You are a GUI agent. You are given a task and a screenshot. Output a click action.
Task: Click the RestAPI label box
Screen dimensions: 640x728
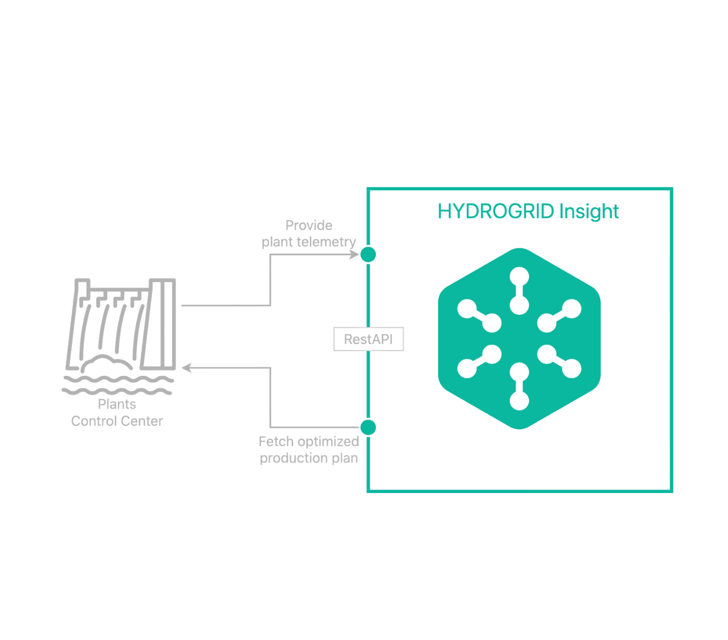pyautogui.click(x=368, y=339)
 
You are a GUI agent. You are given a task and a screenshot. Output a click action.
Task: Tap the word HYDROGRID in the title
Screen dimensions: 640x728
pyautogui.click(x=496, y=211)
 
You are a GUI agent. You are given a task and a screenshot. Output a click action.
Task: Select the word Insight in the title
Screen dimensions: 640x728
pyautogui.click(x=589, y=211)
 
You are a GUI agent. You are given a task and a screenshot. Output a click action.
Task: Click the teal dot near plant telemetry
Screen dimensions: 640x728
pyautogui.click(x=369, y=255)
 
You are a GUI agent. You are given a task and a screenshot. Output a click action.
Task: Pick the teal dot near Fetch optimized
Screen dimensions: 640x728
pyautogui.click(x=369, y=427)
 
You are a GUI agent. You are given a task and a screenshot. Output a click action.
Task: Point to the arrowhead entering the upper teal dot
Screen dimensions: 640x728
pyautogui.click(x=354, y=255)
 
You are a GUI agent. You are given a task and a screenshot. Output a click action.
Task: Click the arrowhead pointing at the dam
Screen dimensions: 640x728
pyautogui.click(x=186, y=368)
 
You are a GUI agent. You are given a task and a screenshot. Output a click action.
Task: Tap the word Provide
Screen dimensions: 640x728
pyautogui.click(x=309, y=225)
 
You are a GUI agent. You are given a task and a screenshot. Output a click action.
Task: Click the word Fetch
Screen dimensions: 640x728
pyautogui.click(x=276, y=441)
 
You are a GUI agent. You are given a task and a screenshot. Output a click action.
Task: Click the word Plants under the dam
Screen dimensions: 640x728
pyautogui.click(x=117, y=404)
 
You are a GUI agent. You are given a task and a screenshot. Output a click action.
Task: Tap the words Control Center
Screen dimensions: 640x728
pyautogui.click(x=117, y=421)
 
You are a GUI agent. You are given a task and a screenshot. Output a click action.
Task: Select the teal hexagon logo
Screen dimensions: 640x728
pyautogui.click(x=520, y=339)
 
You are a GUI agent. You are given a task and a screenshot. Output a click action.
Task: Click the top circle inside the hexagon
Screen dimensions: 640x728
pyautogui.click(x=519, y=276)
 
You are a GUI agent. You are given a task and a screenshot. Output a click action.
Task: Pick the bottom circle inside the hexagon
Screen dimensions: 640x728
pyautogui.click(x=519, y=401)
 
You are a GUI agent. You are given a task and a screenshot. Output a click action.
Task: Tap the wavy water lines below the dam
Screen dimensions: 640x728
pyautogui.click(x=117, y=384)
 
